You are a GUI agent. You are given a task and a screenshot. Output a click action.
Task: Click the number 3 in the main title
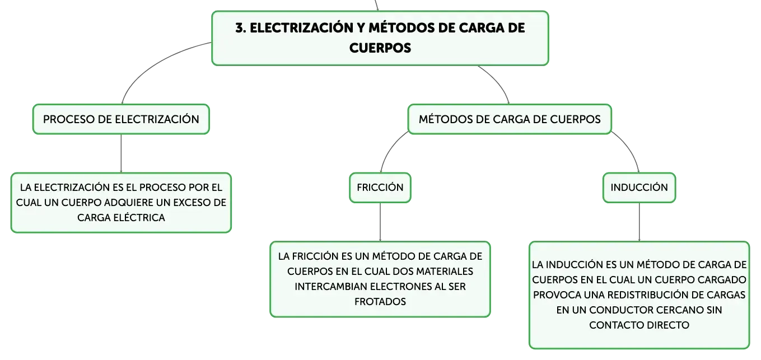[240, 28]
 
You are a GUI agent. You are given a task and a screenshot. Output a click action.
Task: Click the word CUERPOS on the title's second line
[380, 48]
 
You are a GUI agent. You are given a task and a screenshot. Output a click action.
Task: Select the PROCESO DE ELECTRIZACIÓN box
[121, 119]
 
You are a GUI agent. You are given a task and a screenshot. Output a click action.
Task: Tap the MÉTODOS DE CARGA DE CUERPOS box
[510, 119]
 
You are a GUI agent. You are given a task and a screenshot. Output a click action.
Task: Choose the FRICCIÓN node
[380, 188]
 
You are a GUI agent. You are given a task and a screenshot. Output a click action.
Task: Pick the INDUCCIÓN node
[639, 188]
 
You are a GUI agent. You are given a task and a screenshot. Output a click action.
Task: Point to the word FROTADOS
[380, 302]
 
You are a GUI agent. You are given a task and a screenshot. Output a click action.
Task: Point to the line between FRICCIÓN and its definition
[380, 222]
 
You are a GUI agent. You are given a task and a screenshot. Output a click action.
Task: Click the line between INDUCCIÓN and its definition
[639, 222]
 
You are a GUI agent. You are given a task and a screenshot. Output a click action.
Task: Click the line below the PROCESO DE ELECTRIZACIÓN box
[121, 153]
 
